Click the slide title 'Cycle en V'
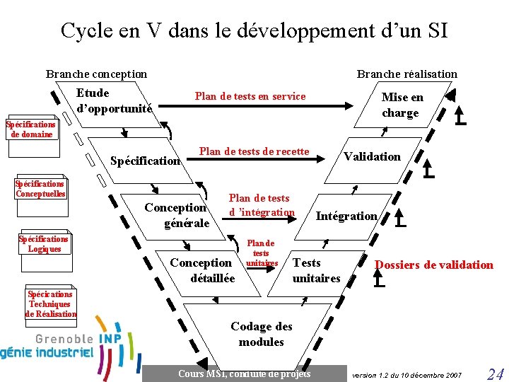coord(254,30)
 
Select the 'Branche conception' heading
coord(96,74)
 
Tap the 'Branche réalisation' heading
coord(406,74)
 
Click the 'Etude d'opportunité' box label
coord(113,100)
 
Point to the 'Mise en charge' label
coord(402,105)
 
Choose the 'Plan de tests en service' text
coord(250,96)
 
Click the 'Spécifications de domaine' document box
coord(31,129)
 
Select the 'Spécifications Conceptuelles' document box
coord(40,189)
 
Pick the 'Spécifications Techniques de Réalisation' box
coord(50,304)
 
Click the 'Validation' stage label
coord(372,156)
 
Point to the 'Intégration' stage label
coord(346,216)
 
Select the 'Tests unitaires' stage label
coord(316,270)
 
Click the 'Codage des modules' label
coord(261,334)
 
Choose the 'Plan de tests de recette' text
coord(254,151)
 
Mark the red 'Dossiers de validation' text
coord(433,265)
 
